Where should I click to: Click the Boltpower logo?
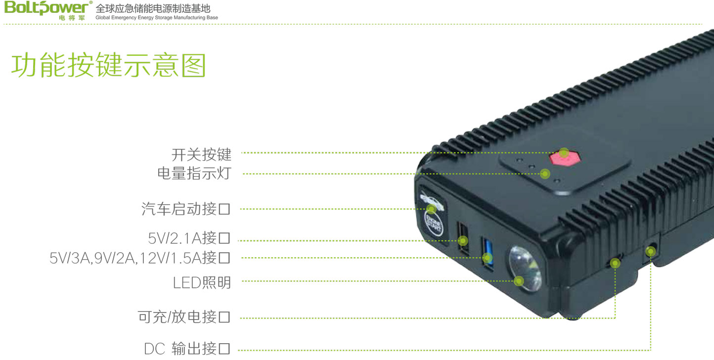point(47,9)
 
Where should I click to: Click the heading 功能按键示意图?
point(108,66)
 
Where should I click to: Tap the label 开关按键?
point(201,154)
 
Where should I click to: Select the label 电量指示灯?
point(194,174)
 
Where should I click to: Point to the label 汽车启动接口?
point(186,209)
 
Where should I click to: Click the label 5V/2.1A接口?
point(189,239)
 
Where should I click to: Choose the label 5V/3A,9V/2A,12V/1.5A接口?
point(140,258)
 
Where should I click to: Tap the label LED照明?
point(202,282)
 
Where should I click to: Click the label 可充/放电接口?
point(184,317)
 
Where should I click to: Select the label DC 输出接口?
point(187,349)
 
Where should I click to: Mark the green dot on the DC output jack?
point(651,252)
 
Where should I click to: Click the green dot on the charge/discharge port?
point(615,263)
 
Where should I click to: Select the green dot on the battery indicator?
point(545,174)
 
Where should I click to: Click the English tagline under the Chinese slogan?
point(156,18)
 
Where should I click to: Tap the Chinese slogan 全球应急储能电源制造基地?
point(153,8)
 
